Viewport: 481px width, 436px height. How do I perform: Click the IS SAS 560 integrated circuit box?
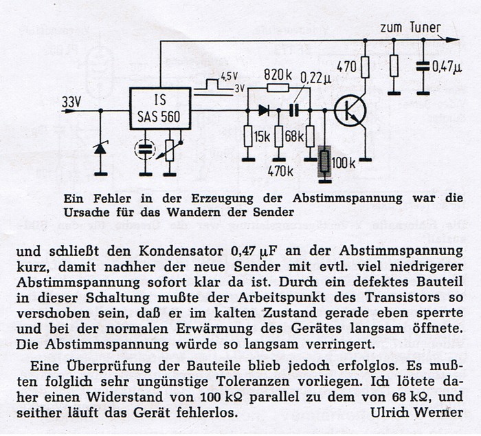click(160, 109)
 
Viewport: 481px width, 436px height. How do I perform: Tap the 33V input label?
click(71, 102)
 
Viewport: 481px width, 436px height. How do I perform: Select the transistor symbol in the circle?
click(350, 111)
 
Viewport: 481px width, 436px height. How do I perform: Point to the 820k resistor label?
click(278, 74)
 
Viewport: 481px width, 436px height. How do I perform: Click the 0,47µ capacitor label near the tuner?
click(447, 67)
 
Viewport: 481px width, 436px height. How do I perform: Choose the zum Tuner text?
click(410, 28)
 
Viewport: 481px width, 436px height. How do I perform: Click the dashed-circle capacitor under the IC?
click(145, 149)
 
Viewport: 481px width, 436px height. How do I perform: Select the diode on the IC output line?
click(264, 110)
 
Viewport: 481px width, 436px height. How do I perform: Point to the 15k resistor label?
click(262, 137)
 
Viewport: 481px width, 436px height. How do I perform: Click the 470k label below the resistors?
click(280, 172)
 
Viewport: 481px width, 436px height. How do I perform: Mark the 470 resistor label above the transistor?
click(346, 66)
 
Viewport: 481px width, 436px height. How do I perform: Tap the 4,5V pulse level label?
click(229, 77)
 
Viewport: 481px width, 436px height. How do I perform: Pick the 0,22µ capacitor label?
click(315, 79)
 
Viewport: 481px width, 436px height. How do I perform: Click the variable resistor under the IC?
click(170, 150)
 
